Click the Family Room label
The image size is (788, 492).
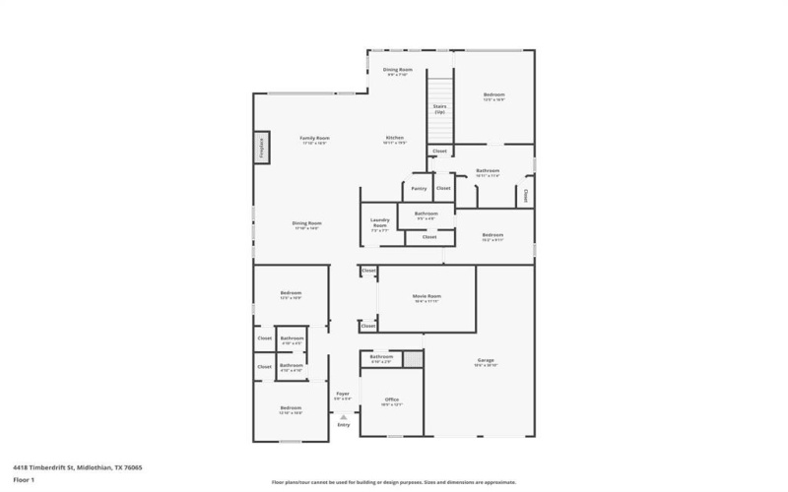tap(314, 138)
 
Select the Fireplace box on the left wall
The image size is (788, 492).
tap(262, 148)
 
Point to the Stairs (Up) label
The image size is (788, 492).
tap(439, 109)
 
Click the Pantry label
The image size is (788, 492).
tap(419, 187)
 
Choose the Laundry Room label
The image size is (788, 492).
tap(380, 222)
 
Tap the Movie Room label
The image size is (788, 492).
tap(427, 296)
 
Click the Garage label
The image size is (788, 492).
tap(486, 360)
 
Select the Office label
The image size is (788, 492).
tap(392, 401)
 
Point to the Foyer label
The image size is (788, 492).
tap(343, 394)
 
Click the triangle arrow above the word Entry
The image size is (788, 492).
tap(344, 416)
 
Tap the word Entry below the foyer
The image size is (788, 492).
tap(344, 425)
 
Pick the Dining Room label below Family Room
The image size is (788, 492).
tap(307, 223)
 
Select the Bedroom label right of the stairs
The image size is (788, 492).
tap(493, 95)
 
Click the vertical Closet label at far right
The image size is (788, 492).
tap(526, 194)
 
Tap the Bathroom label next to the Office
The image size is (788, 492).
tap(381, 357)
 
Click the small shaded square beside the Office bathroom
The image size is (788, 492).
tap(413, 359)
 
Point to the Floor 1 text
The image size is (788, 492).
tap(24, 479)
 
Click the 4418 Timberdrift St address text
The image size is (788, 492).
tap(78, 467)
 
